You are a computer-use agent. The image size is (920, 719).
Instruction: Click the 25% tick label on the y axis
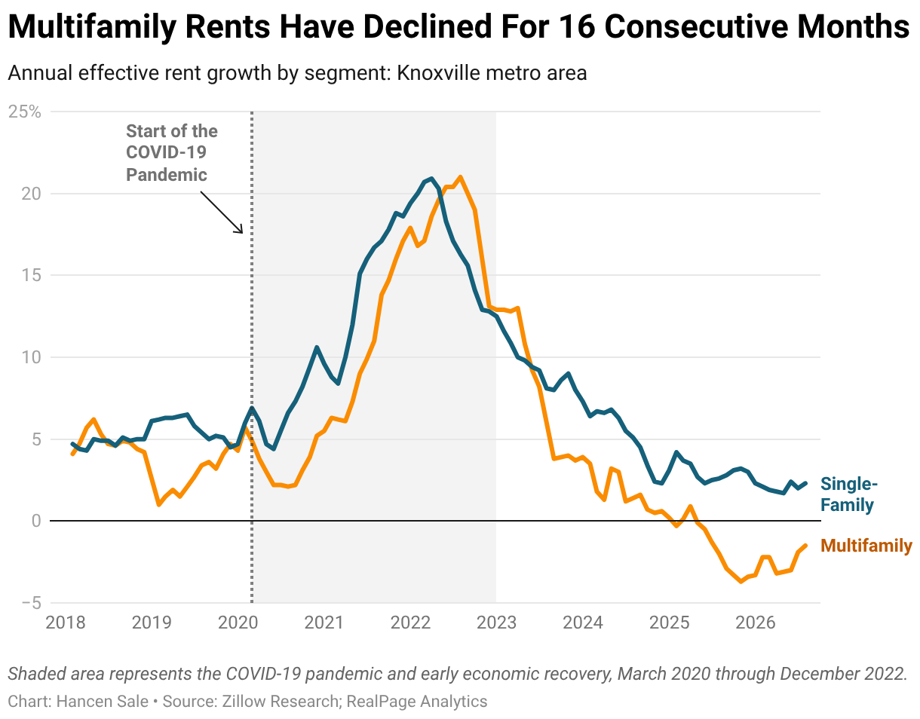tap(25, 112)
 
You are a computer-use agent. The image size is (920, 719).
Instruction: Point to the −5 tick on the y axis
tap(31, 603)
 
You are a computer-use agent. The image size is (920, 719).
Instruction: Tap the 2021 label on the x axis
tap(324, 623)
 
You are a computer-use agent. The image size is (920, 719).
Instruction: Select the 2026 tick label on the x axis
tap(756, 623)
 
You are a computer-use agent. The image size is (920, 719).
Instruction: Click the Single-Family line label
tap(849, 494)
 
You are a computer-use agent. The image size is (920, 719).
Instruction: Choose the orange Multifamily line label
tap(866, 546)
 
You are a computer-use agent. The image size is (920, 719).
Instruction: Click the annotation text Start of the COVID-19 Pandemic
tap(171, 153)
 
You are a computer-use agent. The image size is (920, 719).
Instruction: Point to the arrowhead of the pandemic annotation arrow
tap(241, 232)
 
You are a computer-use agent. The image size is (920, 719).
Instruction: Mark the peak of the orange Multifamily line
tap(460, 177)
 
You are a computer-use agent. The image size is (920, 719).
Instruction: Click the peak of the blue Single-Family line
tap(431, 179)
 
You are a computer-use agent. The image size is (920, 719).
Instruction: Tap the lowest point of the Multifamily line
tap(741, 582)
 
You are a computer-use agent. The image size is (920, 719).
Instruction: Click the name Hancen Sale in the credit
tap(103, 701)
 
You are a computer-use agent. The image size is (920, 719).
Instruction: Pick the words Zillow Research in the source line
tap(281, 701)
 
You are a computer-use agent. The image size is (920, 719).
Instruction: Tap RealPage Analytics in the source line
tap(416, 702)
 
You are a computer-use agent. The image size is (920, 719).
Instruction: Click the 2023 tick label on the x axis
tap(497, 623)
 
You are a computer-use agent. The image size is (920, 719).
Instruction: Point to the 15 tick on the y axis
tap(31, 275)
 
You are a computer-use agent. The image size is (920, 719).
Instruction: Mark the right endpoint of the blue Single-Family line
tap(805, 483)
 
